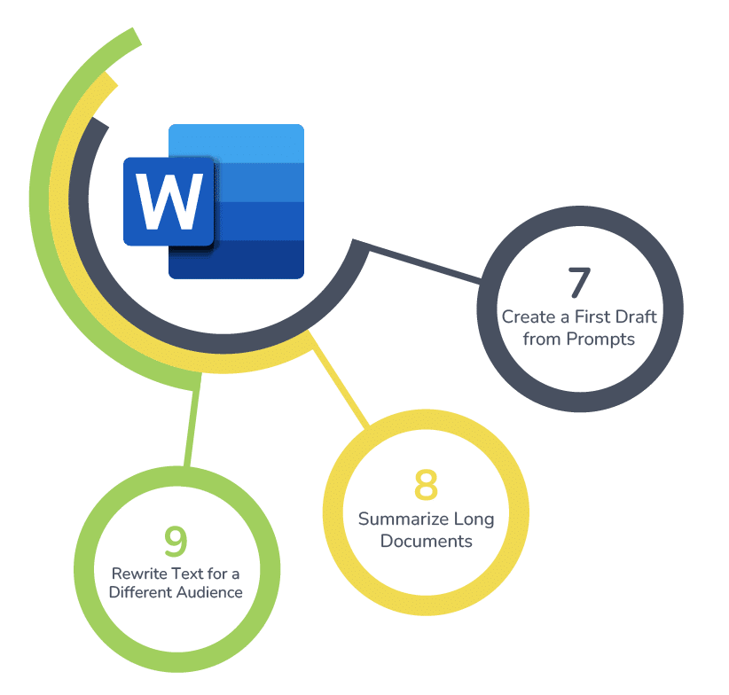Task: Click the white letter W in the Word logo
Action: pyautogui.click(x=169, y=200)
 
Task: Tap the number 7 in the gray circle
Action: pyautogui.click(x=578, y=283)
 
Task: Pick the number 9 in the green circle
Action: pyautogui.click(x=176, y=540)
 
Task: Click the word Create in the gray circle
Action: pyautogui.click(x=524, y=316)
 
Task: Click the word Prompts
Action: pyautogui.click(x=602, y=339)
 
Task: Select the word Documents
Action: pyautogui.click(x=426, y=541)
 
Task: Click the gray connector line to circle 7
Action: pyautogui.click(x=426, y=265)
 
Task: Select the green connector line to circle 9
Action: pyautogui.click(x=190, y=426)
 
